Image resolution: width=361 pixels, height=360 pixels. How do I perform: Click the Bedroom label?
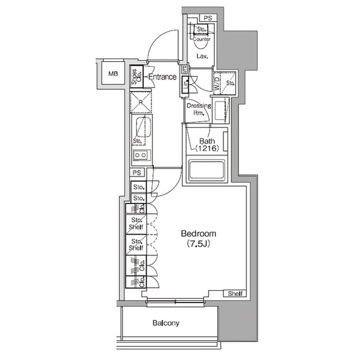pos(198,234)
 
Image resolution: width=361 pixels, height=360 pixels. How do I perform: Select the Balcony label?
pos(166,323)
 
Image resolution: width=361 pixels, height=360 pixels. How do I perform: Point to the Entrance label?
pos(162,77)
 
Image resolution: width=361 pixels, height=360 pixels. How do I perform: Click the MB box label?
pos(113,73)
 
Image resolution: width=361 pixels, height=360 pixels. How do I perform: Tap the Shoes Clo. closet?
pos(136,77)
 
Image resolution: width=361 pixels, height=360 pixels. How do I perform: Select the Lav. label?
pos(202,57)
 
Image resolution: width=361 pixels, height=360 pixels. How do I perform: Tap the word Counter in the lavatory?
pos(202,39)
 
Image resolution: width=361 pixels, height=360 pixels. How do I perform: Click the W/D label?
pos(218,83)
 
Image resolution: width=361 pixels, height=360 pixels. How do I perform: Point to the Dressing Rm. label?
pos(198,109)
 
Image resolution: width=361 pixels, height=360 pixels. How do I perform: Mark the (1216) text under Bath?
pos(207,149)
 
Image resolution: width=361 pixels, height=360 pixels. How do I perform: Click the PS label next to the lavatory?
pos(208,18)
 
